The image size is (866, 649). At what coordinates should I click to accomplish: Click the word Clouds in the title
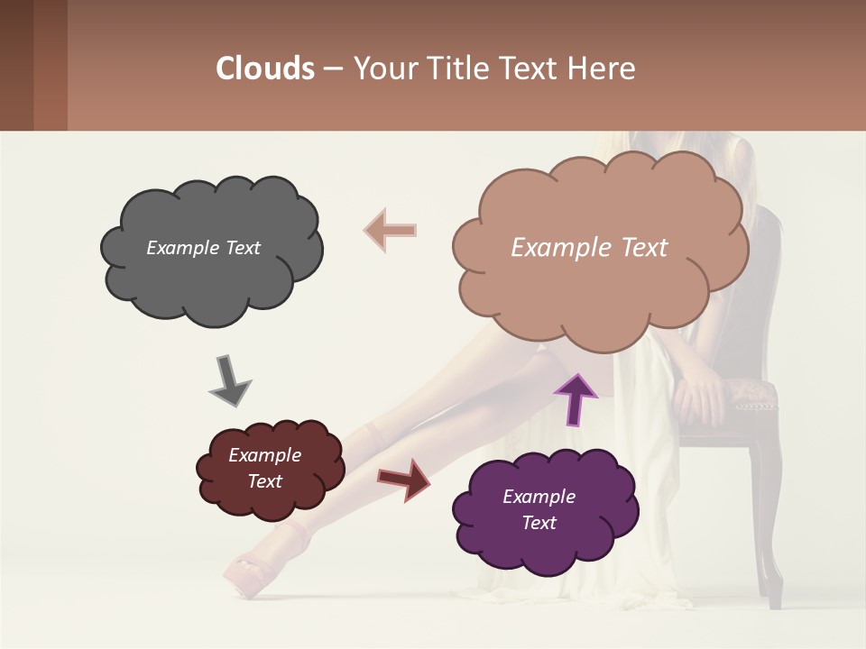point(265,69)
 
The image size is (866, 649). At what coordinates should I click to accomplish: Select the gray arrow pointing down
point(231,380)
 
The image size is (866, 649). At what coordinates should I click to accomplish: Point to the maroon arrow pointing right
point(403,479)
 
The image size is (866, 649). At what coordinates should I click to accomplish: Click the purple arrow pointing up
point(576,398)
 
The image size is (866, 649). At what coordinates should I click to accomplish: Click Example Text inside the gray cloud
point(203,248)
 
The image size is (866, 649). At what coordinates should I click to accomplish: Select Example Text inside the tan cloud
point(589,248)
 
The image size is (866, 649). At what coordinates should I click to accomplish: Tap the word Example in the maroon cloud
point(264,455)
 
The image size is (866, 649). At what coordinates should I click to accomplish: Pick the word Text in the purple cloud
point(539,523)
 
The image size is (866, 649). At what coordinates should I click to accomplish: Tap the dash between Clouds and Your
point(333,69)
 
